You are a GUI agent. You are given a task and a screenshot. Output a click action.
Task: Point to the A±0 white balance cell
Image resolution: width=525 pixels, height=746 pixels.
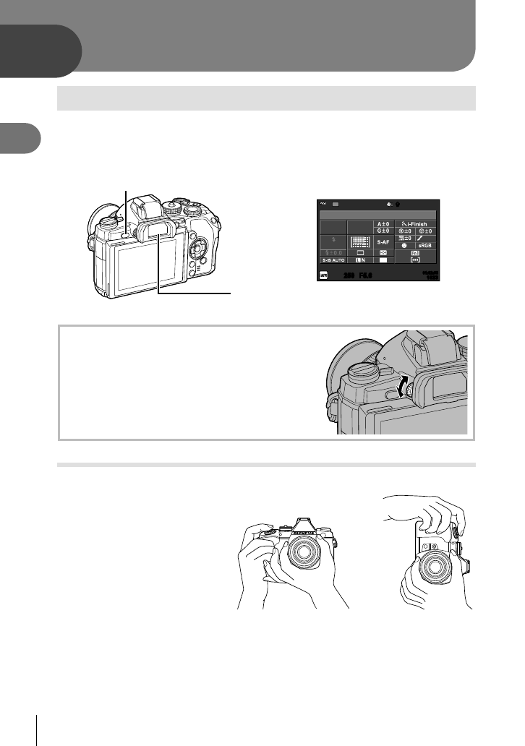(x=384, y=224)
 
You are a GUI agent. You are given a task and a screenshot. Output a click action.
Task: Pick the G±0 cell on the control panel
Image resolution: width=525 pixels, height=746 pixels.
(x=384, y=231)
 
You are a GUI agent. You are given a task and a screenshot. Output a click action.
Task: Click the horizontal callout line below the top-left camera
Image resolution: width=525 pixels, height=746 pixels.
(x=196, y=293)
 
